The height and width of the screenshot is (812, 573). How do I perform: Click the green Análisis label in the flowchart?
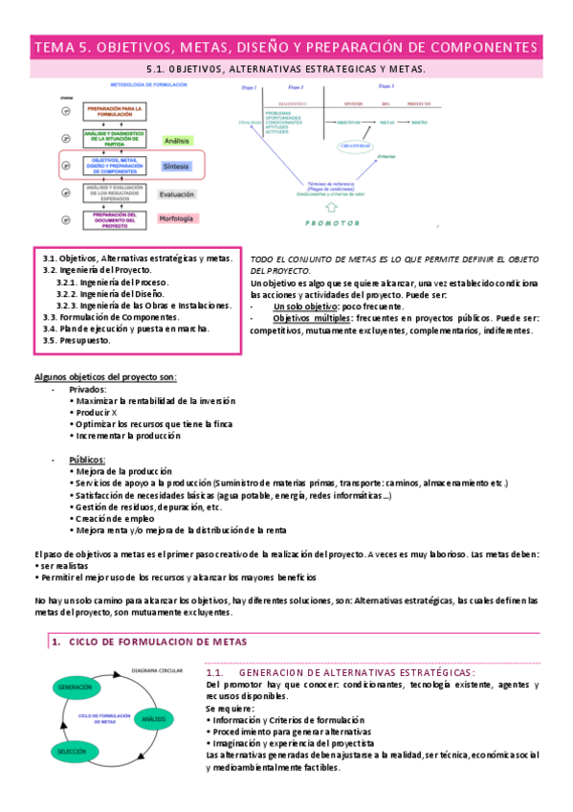point(178,140)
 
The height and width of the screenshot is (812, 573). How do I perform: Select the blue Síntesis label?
point(177,166)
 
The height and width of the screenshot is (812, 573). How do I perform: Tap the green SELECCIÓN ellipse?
point(76,751)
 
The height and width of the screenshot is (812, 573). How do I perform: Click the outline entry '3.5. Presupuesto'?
point(78,340)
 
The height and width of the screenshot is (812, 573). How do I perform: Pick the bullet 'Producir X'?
point(96,412)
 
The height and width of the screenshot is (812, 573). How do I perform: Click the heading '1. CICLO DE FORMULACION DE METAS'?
point(148,642)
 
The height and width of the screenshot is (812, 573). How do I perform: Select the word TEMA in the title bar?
point(55,47)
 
